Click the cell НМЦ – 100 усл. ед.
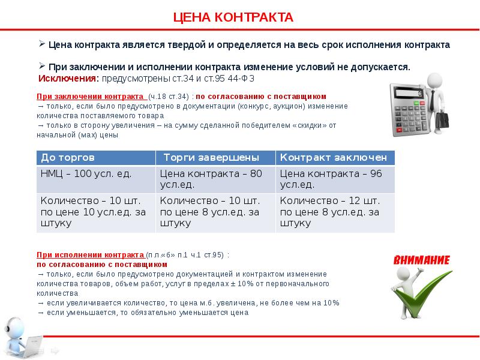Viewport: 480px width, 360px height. (x=86, y=173)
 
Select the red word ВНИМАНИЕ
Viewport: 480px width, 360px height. (x=422, y=260)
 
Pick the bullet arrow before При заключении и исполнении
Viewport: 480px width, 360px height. (x=42, y=66)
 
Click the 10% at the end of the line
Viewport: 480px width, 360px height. (x=331, y=302)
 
